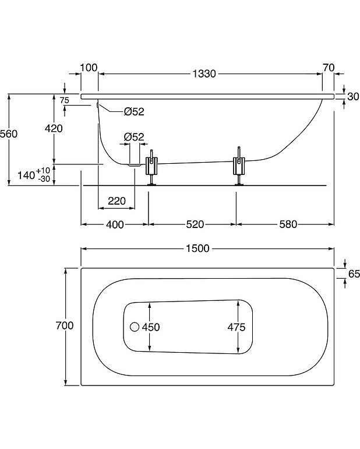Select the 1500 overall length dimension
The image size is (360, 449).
pyautogui.click(x=199, y=248)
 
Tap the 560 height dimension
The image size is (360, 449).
pyautogui.click(x=9, y=134)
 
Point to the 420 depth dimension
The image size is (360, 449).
pyautogui.click(x=53, y=128)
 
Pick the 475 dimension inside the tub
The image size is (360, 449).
pyautogui.click(x=237, y=327)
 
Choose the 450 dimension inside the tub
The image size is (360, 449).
pyautogui.click(x=150, y=327)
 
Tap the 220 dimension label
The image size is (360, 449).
pyautogui.click(x=117, y=202)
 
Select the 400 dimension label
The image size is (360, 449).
pyautogui.click(x=115, y=224)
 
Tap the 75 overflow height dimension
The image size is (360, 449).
pyautogui.click(x=65, y=100)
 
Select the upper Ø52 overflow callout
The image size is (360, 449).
pyautogui.click(x=133, y=112)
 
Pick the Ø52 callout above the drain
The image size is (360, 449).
pyautogui.click(x=133, y=137)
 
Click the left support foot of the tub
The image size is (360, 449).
pyautogui.click(x=152, y=169)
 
